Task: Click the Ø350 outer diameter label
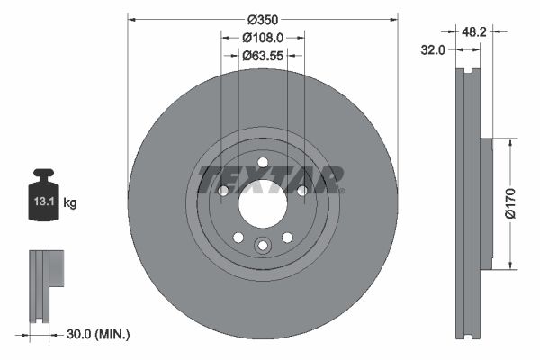tap(262, 19)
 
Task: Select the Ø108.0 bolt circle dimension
tap(263, 38)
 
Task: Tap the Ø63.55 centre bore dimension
tap(263, 55)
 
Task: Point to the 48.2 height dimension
tap(475, 31)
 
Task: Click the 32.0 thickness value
tap(434, 50)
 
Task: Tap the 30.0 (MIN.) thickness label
tap(99, 334)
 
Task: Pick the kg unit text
tap(70, 203)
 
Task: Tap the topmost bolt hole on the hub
tap(263, 163)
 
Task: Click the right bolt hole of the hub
tap(301, 191)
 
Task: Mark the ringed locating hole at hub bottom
tap(263, 245)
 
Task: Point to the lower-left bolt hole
tap(238, 237)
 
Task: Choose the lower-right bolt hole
tap(287, 237)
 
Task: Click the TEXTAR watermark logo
tap(270, 178)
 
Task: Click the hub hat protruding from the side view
tap(486, 202)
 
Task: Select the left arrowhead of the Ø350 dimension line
tap(131, 18)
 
